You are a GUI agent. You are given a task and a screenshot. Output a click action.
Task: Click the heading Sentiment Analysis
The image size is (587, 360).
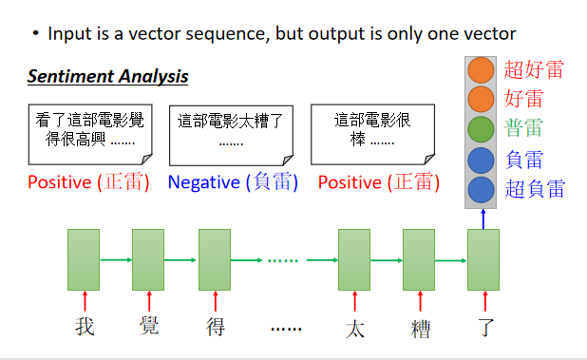[x=107, y=77]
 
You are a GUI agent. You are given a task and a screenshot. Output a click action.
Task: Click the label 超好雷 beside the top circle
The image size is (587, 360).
[x=534, y=69]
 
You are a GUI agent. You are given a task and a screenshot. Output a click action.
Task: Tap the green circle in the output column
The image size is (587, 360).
[x=482, y=129]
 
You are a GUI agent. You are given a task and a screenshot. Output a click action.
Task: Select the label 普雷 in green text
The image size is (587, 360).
[x=524, y=129]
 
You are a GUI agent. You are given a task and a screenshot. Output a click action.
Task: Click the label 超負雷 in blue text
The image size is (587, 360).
[x=534, y=189]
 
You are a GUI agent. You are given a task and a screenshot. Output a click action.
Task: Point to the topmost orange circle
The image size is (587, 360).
[x=482, y=70]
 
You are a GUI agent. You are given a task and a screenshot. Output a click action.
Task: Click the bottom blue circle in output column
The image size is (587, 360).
[x=482, y=189]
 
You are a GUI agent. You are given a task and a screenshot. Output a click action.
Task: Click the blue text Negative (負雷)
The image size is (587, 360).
[x=233, y=182]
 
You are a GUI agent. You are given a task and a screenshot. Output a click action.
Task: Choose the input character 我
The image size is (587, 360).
[x=85, y=328]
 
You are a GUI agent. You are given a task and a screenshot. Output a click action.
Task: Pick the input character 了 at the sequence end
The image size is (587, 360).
[x=484, y=328]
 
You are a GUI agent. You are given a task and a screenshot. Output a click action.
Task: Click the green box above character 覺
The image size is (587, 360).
[x=148, y=259]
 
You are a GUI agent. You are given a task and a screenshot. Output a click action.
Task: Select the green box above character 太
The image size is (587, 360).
[x=353, y=259]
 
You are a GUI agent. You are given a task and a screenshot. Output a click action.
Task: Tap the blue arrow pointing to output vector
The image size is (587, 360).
[x=483, y=218]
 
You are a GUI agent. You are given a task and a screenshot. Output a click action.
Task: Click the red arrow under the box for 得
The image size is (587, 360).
[x=215, y=299]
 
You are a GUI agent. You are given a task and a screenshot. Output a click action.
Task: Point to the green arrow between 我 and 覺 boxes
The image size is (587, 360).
[x=116, y=258]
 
